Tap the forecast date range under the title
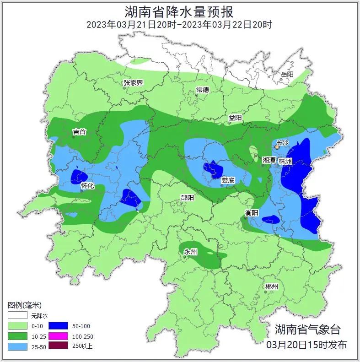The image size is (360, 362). [179, 25]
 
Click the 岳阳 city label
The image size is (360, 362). [287, 74]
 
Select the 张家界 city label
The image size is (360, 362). [133, 83]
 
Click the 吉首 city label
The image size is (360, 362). [79, 132]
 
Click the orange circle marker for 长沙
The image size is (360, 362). [277, 147]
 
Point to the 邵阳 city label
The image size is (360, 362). [187, 197]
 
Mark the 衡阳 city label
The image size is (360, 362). [252, 213]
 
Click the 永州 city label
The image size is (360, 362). [190, 252]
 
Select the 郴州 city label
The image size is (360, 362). [271, 287]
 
